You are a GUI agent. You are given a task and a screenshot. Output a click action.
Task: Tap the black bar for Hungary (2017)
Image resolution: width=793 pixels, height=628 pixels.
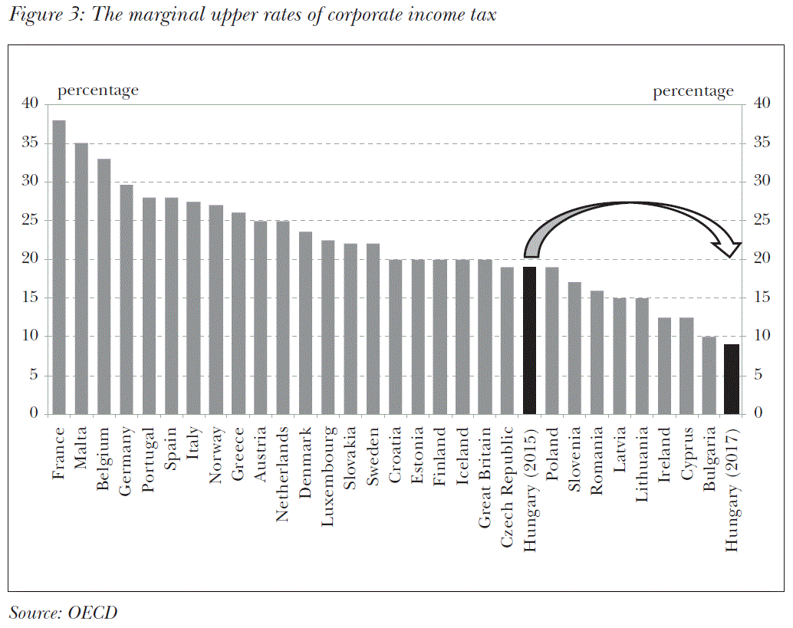731,379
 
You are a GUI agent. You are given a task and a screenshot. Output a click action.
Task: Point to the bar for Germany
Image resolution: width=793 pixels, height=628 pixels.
127,299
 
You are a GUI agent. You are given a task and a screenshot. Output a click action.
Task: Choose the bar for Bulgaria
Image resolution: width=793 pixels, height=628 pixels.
709,375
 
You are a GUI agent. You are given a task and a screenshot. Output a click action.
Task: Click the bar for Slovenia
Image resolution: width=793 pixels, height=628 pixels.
574,348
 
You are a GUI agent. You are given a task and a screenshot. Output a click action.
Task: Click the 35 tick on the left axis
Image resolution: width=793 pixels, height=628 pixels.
31,143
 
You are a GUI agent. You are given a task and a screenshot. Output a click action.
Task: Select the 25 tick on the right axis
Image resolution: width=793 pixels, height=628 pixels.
762,220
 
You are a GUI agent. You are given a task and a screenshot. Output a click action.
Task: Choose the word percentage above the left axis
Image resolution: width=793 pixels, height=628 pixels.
98,90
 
